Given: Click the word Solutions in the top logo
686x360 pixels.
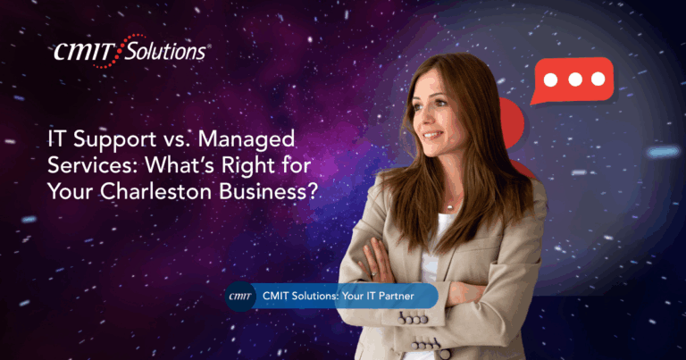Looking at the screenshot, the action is (165, 52).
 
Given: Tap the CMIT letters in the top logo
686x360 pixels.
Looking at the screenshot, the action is (84, 53).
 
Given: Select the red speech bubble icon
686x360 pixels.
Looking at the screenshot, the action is (573, 81).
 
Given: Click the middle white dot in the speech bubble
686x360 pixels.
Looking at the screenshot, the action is (575, 80).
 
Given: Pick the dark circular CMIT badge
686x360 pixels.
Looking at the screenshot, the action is (240, 297).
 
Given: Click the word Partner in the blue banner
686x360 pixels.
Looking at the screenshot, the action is (396, 297).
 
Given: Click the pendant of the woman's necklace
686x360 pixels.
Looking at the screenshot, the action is (450, 206).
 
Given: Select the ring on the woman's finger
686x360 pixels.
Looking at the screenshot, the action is (373, 274).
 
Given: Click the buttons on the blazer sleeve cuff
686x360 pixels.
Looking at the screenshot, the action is (413, 319).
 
